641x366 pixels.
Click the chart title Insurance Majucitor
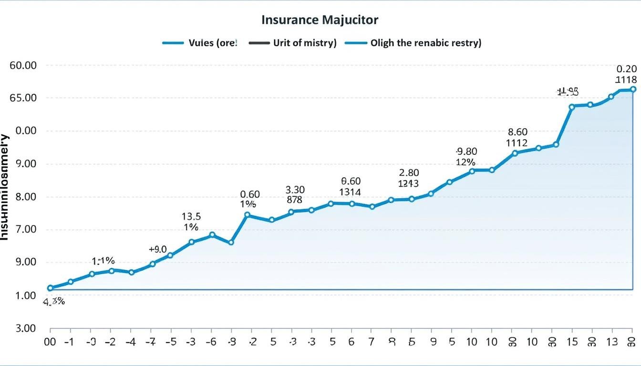pyautogui.click(x=320, y=20)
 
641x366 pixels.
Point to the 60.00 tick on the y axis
pyautogui.click(x=23, y=65)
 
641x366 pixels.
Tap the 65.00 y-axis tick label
pyautogui.click(x=23, y=98)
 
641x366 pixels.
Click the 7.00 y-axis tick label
pyautogui.click(x=23, y=230)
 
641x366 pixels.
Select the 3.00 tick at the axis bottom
pyautogui.click(x=23, y=328)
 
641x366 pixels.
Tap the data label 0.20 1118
pyautogui.click(x=626, y=74)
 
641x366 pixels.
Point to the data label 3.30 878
pyautogui.click(x=295, y=195)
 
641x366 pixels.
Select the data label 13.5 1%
pyautogui.click(x=191, y=222)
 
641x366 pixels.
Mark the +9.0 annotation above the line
pyautogui.click(x=158, y=249)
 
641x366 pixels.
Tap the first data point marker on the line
pyautogui.click(x=50, y=288)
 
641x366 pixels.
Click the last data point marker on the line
pyautogui.click(x=633, y=89)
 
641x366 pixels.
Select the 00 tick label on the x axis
pyautogui.click(x=50, y=342)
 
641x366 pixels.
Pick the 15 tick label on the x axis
pyautogui.click(x=572, y=342)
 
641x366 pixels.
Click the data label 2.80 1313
pyautogui.click(x=409, y=178)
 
